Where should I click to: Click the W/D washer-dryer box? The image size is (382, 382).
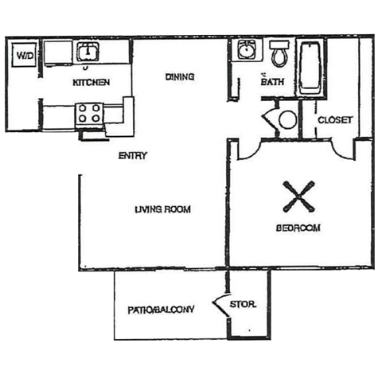click(x=25, y=57)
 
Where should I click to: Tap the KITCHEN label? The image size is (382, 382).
click(x=91, y=83)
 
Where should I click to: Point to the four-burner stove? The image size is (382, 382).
click(x=88, y=112)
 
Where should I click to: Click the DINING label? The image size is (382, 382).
click(x=181, y=76)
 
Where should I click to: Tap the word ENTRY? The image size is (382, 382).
click(x=132, y=155)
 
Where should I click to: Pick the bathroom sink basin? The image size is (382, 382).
click(x=245, y=51)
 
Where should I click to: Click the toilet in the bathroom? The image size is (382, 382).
click(x=279, y=54)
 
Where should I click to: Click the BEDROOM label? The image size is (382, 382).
click(x=298, y=228)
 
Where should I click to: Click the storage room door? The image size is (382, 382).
click(x=220, y=305)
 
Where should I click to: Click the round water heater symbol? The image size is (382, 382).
click(x=286, y=120)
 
